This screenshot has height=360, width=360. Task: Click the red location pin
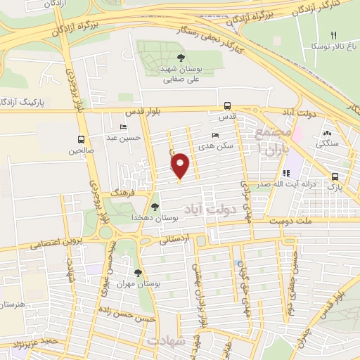coord(181,166)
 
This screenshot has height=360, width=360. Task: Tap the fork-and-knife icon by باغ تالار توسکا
coord(334,35)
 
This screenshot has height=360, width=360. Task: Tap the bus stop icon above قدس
coord(227,104)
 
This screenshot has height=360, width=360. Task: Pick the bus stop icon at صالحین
coord(82,139)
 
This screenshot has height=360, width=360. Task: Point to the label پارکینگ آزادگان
coord(25,103)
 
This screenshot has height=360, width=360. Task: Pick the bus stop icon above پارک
coord(335,177)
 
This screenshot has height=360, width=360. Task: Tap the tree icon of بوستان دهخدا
coord(155,207)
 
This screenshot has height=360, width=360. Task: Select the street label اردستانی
coord(176,240)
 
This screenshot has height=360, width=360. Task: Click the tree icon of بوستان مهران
coord(138,272)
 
